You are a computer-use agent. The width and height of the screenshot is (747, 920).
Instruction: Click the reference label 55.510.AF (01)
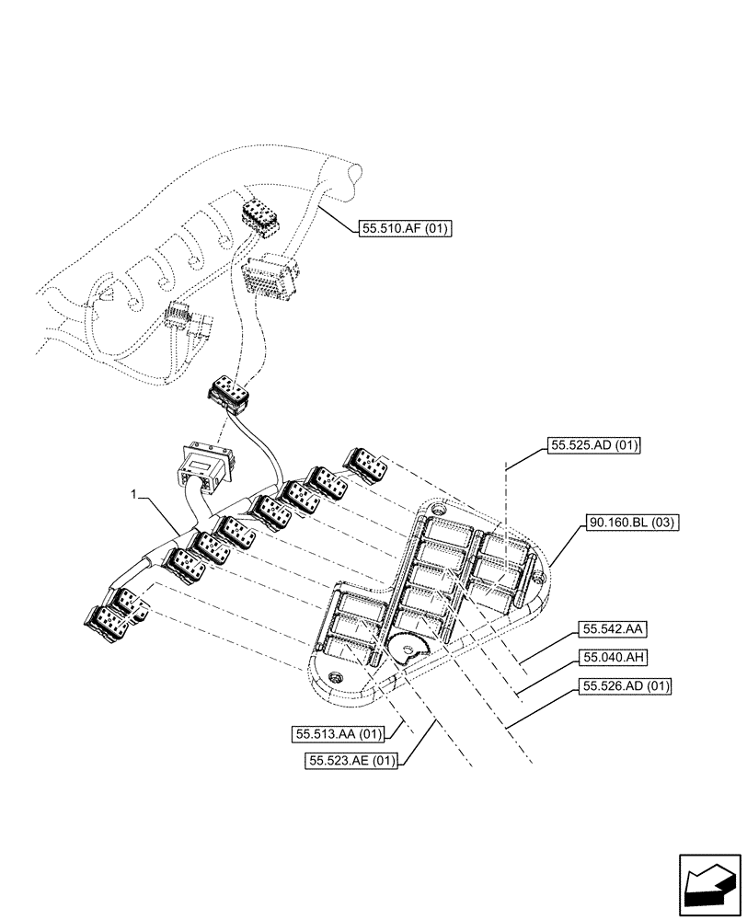[x=402, y=229]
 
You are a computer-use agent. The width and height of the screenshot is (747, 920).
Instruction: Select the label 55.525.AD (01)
[x=593, y=445]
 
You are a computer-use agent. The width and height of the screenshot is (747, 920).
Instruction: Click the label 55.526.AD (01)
[x=625, y=685]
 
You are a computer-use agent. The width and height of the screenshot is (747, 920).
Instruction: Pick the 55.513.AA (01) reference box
[x=337, y=734]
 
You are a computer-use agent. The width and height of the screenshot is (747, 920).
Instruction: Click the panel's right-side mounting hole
[x=537, y=577]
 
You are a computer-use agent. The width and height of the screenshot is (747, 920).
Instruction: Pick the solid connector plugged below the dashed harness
[x=228, y=394]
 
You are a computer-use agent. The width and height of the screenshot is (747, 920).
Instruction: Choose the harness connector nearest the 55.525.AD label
[x=366, y=465]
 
